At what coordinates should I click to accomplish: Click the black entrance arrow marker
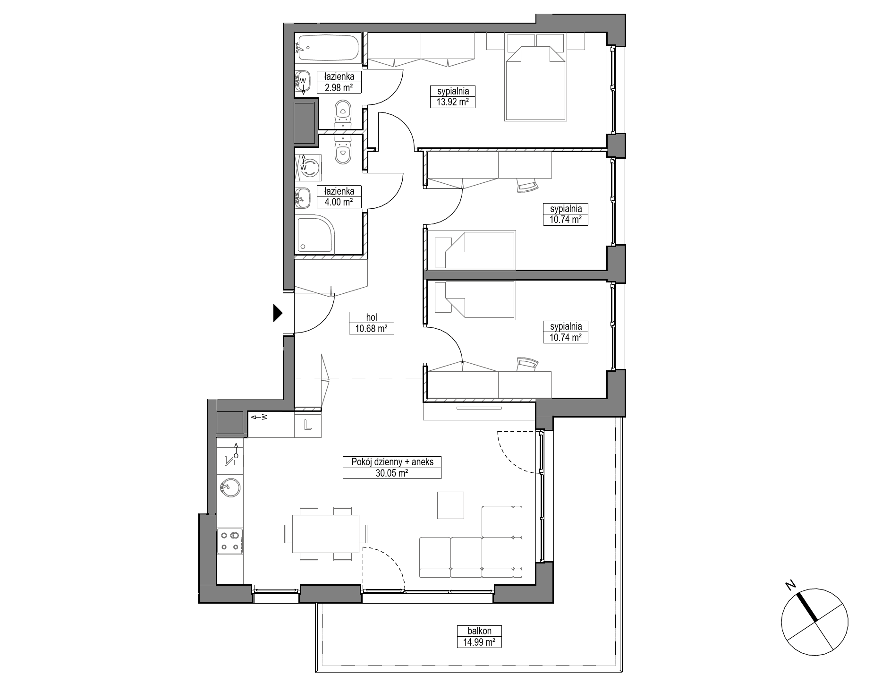(277, 313)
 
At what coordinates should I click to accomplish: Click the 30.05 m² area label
(392, 473)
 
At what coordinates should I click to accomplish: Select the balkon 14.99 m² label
(480, 637)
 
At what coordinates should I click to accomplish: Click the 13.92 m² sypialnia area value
(452, 102)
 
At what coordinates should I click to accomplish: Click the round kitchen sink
(229, 487)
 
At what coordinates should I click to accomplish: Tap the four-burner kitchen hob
(230, 541)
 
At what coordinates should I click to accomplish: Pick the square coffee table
(450, 505)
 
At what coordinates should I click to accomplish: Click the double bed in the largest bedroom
(535, 83)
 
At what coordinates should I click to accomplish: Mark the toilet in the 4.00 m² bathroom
(343, 149)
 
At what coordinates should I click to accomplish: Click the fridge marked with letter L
(307, 425)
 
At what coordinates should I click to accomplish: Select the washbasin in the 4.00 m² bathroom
(303, 198)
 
